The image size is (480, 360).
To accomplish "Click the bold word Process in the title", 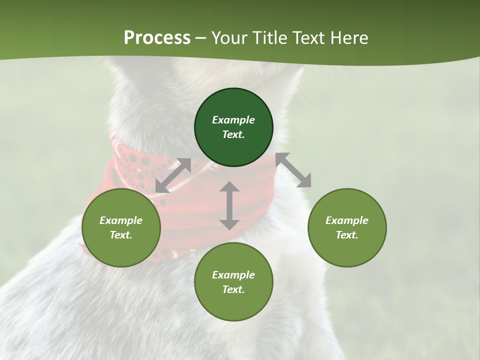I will [157, 38].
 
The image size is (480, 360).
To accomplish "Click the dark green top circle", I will [233, 127].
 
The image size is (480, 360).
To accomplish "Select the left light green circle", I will [121, 228].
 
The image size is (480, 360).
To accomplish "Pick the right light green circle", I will [347, 228].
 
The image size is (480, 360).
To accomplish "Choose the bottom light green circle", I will [233, 282].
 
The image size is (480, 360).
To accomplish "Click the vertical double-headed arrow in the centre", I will [229, 205].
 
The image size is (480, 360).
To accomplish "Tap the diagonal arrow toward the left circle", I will [173, 175].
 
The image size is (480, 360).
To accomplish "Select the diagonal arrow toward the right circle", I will [293, 170].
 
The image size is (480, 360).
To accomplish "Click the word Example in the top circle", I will [233, 120].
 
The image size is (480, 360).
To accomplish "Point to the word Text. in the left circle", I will [121, 235].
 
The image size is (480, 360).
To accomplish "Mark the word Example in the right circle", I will [347, 220].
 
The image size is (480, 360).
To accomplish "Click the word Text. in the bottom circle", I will [233, 289].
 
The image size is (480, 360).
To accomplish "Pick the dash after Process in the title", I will [201, 38].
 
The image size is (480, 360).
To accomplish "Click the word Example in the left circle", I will [121, 220].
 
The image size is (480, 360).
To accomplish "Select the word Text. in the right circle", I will [347, 235].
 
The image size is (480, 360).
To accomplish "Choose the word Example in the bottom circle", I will [233, 275].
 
